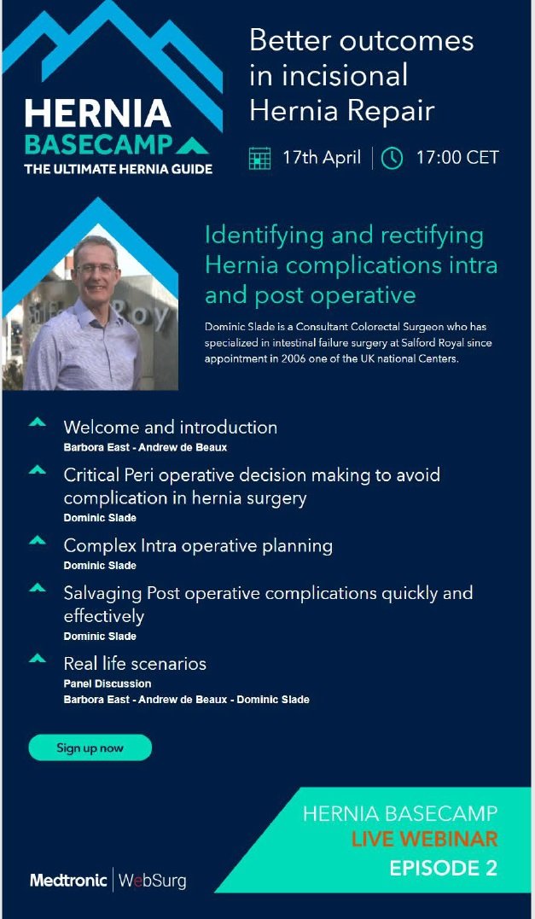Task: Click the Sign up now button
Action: coord(90,748)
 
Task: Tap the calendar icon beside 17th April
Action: coord(259,159)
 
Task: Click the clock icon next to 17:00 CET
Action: coord(392,159)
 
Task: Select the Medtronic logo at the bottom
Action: coord(68,880)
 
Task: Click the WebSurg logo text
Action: coord(152,880)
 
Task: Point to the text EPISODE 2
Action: coord(443,869)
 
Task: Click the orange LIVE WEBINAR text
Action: coord(424,840)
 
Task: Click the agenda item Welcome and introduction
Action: coord(170,428)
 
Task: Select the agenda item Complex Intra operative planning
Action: coord(198,545)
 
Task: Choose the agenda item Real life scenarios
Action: coord(135,663)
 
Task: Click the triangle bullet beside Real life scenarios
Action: coord(37,659)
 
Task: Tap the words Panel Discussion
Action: coord(108,683)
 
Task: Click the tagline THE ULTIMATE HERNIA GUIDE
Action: coord(118,169)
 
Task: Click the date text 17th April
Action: coord(322,158)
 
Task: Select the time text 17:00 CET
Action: coord(457,158)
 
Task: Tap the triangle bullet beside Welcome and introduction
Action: coord(37,423)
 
